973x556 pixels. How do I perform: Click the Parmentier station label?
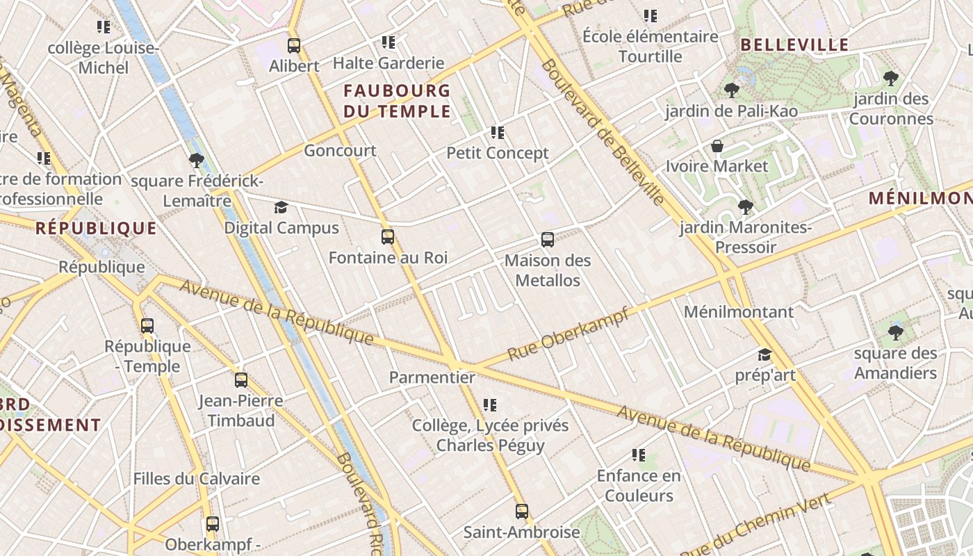coord(432,377)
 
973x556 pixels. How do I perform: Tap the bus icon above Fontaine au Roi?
coord(388,237)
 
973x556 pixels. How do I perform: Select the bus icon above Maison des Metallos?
coord(548,240)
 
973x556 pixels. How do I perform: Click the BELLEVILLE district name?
coord(794,45)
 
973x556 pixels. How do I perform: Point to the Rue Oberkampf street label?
coord(569,334)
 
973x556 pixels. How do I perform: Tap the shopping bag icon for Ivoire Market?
coord(717,146)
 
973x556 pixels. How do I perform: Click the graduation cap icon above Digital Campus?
coord(281,207)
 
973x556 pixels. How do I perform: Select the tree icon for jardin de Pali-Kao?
coord(731,90)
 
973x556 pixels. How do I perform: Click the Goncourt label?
coord(340,150)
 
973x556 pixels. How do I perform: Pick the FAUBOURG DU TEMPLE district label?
coord(397,101)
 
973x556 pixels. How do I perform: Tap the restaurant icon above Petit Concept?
coord(497,132)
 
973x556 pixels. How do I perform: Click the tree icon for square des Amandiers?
coord(895,332)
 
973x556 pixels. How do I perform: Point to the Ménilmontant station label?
coord(738,311)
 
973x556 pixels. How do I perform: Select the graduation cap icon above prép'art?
coord(764,354)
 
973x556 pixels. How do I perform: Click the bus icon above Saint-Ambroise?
coord(521,512)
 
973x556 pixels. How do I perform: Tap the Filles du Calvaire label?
coord(196,478)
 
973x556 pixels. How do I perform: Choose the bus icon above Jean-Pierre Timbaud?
coord(240,380)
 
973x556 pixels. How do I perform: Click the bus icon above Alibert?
coord(294,46)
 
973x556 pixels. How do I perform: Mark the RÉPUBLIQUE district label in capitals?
coord(96,228)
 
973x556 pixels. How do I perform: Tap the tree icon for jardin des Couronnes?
coord(890,78)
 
